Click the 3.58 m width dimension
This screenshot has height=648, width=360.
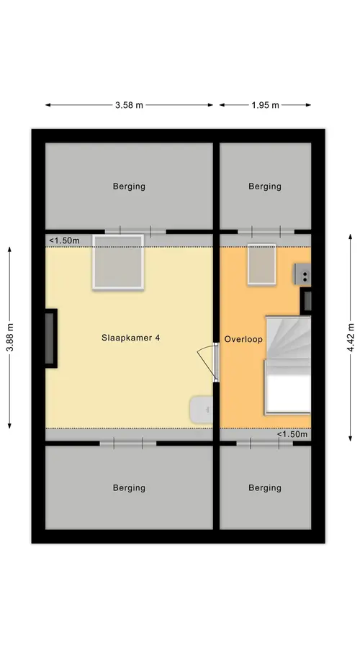click(129, 105)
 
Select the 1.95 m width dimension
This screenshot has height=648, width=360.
click(265, 105)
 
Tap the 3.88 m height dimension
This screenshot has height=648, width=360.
click(10, 338)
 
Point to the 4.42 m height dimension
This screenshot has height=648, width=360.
click(351, 338)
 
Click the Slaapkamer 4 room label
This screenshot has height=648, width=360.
click(130, 338)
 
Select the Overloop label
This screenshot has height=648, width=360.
click(243, 339)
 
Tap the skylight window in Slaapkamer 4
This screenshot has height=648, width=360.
click(118, 262)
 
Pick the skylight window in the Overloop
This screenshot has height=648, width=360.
click(261, 264)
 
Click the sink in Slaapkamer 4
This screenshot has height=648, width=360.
click(202, 410)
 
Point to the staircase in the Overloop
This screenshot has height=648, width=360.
click(288, 365)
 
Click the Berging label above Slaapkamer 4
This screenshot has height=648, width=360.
click(129, 186)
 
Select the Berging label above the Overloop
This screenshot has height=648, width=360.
click(265, 186)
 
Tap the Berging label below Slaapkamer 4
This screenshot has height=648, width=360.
click(129, 487)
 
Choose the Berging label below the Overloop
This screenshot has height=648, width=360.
click(265, 487)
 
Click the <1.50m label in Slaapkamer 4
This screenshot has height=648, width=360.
click(65, 240)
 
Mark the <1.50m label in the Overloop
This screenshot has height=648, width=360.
click(292, 434)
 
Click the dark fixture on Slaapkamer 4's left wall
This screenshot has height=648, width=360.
click(50, 338)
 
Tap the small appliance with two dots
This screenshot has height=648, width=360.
click(302, 274)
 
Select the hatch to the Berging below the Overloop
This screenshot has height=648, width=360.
click(264, 444)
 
